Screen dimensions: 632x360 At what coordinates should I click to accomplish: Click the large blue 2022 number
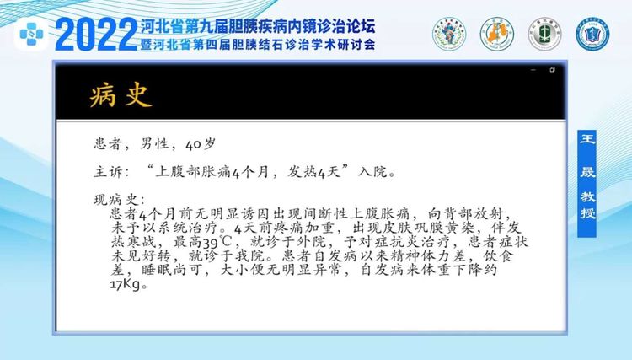pos(96,35)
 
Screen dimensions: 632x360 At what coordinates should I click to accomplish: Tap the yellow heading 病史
pos(121,95)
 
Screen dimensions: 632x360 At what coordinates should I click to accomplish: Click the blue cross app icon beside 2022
pos(31,34)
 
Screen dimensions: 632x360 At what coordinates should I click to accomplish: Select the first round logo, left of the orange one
pos(449,34)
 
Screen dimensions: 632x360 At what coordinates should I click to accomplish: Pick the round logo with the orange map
pos(497,34)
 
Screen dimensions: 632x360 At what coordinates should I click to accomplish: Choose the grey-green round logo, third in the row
pos(544,34)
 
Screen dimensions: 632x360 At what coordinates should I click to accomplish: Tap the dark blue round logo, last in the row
pos(592,34)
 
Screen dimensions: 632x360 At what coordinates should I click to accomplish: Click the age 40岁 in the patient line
pos(201,144)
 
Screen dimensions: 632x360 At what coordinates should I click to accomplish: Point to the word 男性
pos(154,144)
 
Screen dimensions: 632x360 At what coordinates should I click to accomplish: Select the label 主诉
pos(108,172)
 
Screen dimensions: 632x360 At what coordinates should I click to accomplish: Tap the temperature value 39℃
pos(217,243)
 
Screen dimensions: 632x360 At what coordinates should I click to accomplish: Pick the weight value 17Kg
pos(126,285)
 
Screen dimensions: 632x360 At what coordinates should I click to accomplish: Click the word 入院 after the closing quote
pos(372,172)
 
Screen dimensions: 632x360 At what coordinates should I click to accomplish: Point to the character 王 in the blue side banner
pos(587,139)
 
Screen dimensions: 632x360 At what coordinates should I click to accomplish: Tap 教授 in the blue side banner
pos(587,205)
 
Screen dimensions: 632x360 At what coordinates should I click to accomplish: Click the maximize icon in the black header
pos(552,70)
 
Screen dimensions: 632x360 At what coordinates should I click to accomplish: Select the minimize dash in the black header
pos(533,70)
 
